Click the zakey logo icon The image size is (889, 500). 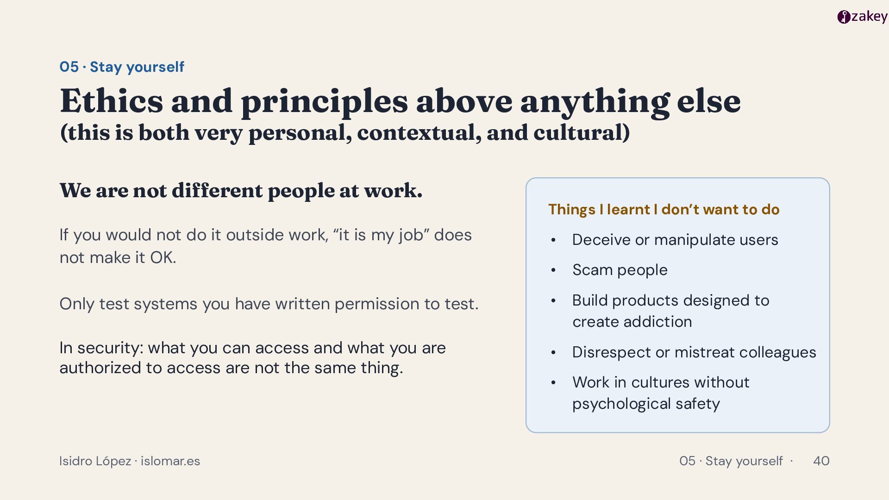click(x=844, y=17)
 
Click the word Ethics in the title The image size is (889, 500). click(x=112, y=101)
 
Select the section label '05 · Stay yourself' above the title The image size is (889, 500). click(x=122, y=67)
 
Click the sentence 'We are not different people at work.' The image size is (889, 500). click(x=241, y=191)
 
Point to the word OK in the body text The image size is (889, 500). click(x=163, y=257)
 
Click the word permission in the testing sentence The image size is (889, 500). click(x=377, y=304)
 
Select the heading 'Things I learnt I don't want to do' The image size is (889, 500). click(x=664, y=210)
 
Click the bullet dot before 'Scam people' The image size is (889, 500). click(x=553, y=270)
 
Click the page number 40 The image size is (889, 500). click(x=821, y=461)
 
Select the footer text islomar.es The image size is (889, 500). click(x=170, y=461)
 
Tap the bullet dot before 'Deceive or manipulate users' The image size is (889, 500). click(x=553, y=240)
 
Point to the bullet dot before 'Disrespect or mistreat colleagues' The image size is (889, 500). click(x=553, y=353)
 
